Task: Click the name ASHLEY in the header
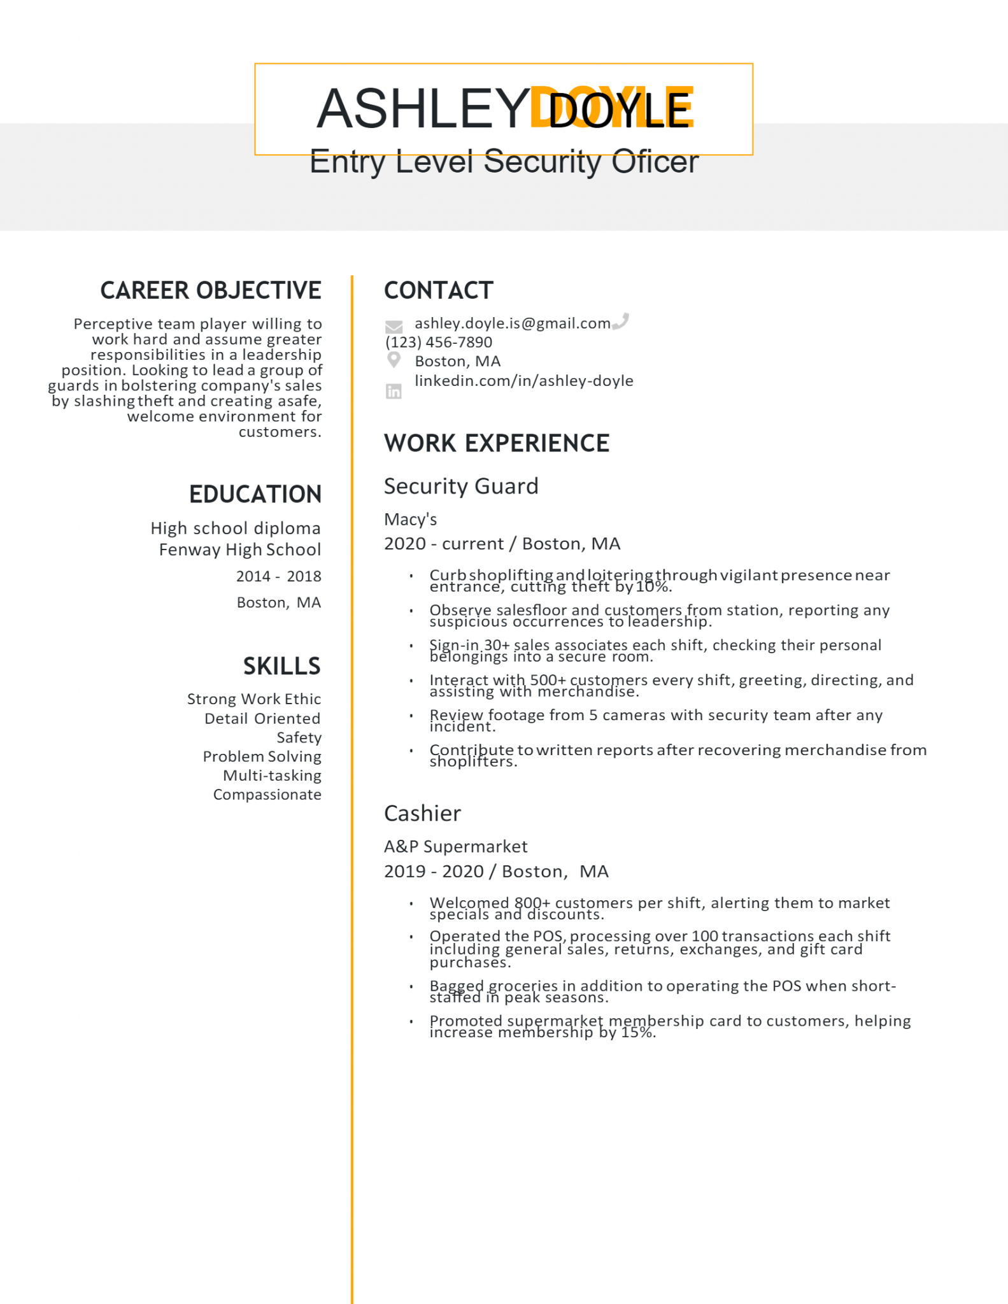click(x=423, y=108)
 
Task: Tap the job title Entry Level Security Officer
click(x=503, y=162)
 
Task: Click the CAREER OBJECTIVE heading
click(x=211, y=290)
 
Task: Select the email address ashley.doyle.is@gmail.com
click(x=512, y=323)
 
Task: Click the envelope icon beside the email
click(x=394, y=327)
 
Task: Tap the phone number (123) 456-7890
click(x=439, y=343)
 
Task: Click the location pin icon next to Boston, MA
click(x=394, y=360)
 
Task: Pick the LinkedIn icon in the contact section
click(x=394, y=392)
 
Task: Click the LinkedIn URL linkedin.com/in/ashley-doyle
click(x=523, y=381)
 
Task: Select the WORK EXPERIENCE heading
click(x=497, y=443)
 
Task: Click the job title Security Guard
click(x=461, y=486)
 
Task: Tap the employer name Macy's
click(x=411, y=520)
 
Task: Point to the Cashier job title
click(x=422, y=814)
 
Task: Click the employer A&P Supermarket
click(x=456, y=847)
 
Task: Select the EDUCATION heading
click(x=255, y=495)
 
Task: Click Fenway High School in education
click(x=240, y=549)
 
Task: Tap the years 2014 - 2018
click(x=278, y=576)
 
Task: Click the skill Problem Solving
click(x=262, y=756)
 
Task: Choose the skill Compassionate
click(x=267, y=795)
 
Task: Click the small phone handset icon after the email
click(x=621, y=321)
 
